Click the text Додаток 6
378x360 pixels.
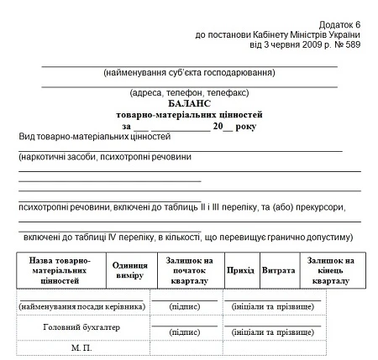tap(340, 25)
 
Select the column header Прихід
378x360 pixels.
tap(240, 271)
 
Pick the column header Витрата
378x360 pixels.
tap(278, 271)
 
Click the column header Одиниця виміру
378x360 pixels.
tap(129, 271)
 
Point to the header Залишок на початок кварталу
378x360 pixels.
tap(189, 271)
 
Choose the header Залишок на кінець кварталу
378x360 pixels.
tap(330, 271)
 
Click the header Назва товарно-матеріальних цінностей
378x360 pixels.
tap(60, 271)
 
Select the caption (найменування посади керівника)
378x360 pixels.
tap(82, 305)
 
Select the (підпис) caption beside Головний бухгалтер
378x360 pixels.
tap(185, 332)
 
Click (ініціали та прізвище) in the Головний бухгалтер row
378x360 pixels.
tap(267, 332)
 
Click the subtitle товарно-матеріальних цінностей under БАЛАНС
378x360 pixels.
tap(190, 113)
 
